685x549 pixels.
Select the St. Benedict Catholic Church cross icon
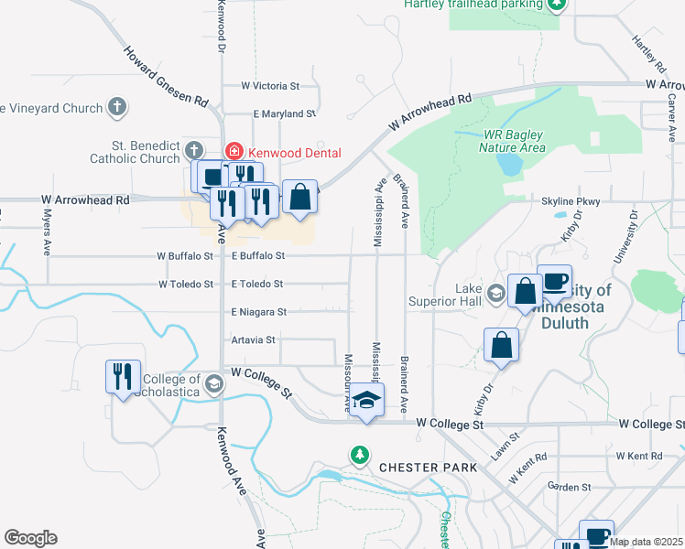(x=193, y=149)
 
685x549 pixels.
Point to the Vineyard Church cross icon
(x=116, y=108)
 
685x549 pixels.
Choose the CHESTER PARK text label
(x=428, y=468)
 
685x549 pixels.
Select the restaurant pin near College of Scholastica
(x=124, y=376)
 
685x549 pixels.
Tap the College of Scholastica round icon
(x=214, y=382)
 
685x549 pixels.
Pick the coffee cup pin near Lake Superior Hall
(x=554, y=281)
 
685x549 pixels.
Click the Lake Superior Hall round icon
(x=496, y=294)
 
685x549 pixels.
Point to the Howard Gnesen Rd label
(x=167, y=76)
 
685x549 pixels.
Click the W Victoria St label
(x=270, y=85)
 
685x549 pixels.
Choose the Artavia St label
(x=253, y=339)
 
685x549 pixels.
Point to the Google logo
(x=30, y=538)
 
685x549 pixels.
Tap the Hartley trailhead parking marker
(x=556, y=4)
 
